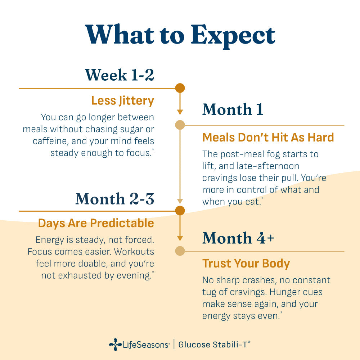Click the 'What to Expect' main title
click(180, 35)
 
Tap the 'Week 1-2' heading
click(120, 75)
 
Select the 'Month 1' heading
click(233, 109)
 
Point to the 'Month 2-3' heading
click(115, 199)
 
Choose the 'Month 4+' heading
click(238, 238)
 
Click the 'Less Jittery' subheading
click(123, 101)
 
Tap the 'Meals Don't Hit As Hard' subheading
click(268, 138)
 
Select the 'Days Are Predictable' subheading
click(96, 224)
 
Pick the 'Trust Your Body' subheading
click(246, 264)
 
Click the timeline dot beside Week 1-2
click(180, 88)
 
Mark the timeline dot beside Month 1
click(180, 125)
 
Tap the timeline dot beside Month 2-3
click(180, 211)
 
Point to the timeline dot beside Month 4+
click(180, 251)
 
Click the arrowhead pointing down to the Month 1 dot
click(180, 112)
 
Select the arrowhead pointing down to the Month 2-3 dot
click(180, 201)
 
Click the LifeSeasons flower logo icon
click(115, 345)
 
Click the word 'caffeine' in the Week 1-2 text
click(50, 141)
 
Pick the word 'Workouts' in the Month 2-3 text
click(134, 252)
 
